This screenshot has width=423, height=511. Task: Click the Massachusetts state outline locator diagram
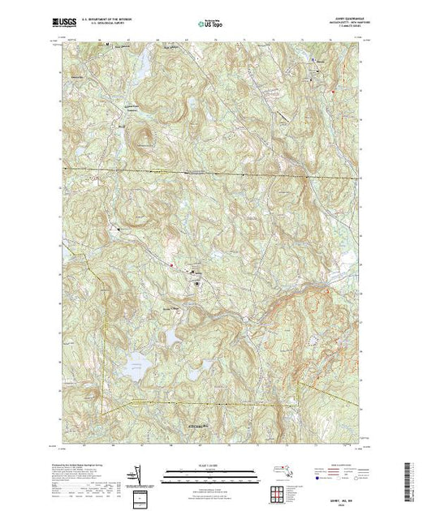[279, 470]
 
